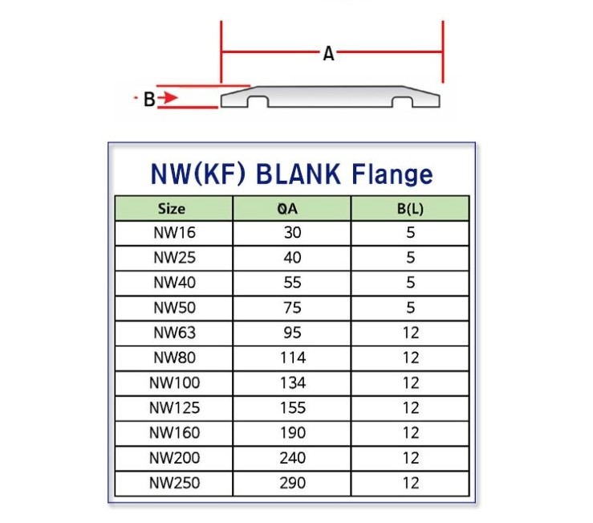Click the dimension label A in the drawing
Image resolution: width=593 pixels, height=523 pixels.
[328, 55]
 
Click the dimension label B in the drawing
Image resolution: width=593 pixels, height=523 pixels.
[148, 100]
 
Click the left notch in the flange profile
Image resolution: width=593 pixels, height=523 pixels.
[258, 102]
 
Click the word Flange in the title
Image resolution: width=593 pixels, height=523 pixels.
[392, 174]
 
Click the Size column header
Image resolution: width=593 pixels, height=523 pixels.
[172, 209]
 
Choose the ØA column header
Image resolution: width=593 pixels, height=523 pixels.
[293, 209]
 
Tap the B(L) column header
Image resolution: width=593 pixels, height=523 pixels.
[411, 209]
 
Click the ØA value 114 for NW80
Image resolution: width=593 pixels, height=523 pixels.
[293, 358]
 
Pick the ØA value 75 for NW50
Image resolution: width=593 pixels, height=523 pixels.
[293, 308]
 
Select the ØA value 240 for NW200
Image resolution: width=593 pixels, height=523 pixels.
[293, 458]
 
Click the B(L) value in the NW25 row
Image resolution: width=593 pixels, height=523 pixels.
[411, 259]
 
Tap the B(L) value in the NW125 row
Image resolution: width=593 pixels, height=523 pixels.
[411, 408]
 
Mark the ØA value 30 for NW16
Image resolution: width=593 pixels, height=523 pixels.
[293, 234]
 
